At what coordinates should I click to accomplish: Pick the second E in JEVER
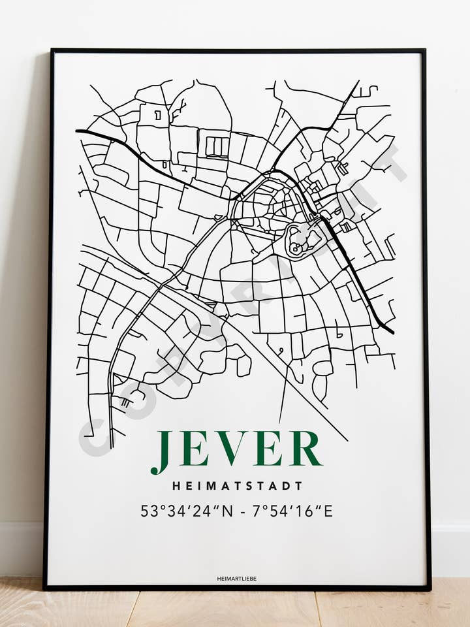click(x=270, y=448)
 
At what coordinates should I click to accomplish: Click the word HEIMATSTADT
click(x=238, y=486)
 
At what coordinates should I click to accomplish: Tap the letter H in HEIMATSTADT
click(x=176, y=486)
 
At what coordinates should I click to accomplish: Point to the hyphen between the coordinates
click(x=243, y=511)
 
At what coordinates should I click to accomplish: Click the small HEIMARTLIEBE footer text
click(x=236, y=579)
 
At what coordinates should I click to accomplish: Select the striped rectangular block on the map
click(x=217, y=146)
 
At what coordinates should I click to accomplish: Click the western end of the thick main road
click(x=78, y=131)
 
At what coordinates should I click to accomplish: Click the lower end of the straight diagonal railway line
click(x=346, y=440)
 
